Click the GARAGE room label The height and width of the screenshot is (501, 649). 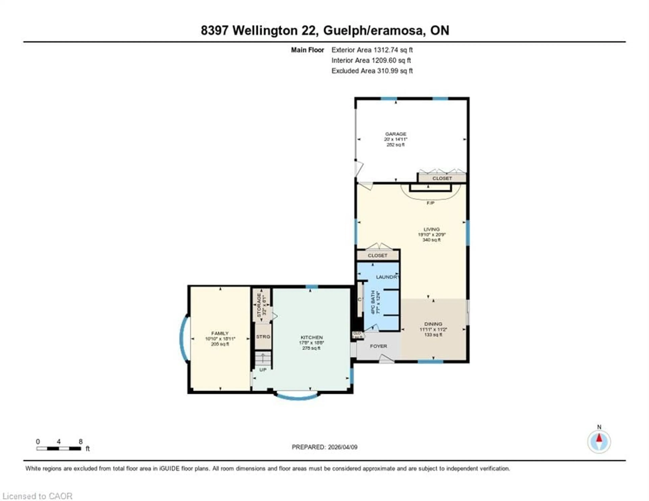[395, 134]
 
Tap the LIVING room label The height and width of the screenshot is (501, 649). [431, 229]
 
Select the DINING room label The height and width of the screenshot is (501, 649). [433, 324]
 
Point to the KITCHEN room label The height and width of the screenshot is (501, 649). [311, 337]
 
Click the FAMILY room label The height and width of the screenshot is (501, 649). [220, 333]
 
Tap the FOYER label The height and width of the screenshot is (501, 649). [378, 346]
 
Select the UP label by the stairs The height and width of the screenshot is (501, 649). [263, 370]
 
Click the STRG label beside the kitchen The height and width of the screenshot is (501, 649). [263, 337]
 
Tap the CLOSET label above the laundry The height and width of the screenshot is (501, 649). [377, 255]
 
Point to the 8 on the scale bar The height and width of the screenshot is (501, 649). [80, 442]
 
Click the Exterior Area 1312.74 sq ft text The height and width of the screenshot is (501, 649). [372, 50]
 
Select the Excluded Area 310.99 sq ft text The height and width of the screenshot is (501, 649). [372, 71]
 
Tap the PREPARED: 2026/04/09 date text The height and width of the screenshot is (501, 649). [324, 447]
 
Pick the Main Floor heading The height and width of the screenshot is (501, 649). [307, 50]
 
